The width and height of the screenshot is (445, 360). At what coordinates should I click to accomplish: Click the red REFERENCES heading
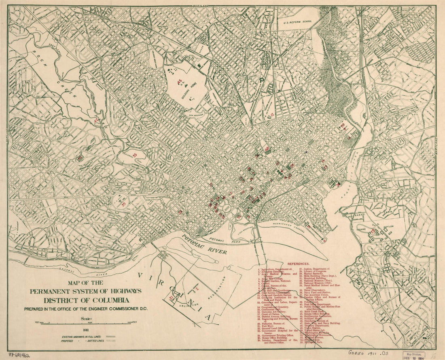point(299,263)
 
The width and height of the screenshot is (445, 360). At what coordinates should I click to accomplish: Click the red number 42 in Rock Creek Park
point(96,120)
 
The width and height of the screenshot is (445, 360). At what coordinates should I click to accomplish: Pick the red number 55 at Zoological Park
point(135,154)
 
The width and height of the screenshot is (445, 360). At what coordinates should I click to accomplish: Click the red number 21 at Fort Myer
point(171,298)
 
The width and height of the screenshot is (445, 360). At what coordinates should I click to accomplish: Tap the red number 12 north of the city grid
point(273,115)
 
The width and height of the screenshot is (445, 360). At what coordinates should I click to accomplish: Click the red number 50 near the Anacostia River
point(343,125)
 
